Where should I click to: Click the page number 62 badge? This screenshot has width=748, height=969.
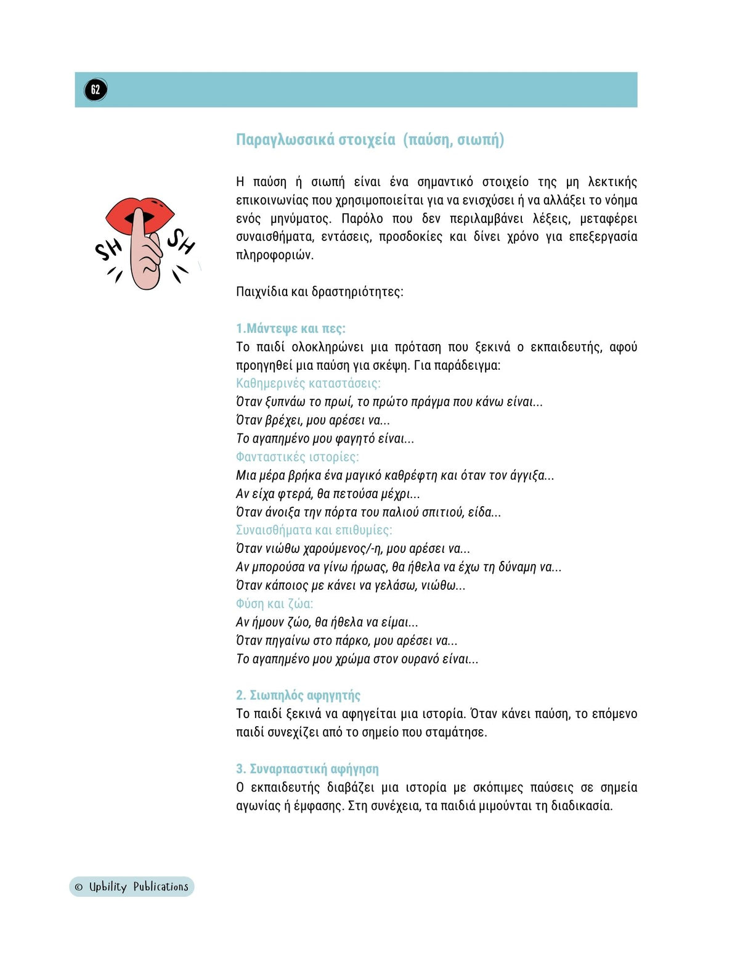coord(96,89)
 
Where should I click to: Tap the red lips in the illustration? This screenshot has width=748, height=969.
coord(160,213)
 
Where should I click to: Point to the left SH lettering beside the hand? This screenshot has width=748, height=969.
coord(108,249)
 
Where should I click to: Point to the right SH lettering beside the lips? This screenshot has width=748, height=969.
coord(181,241)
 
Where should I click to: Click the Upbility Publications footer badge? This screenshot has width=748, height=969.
coord(131,886)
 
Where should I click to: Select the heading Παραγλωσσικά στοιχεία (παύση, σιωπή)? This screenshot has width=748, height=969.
coord(370,140)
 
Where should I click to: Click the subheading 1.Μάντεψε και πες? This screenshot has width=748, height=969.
coord(290,329)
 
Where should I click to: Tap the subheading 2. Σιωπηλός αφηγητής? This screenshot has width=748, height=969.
coord(298,695)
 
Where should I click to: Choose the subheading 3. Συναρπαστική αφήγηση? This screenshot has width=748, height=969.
coord(307,769)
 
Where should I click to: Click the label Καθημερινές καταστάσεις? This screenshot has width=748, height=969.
coord(308,383)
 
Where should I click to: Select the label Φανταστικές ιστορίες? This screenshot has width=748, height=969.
coord(297,457)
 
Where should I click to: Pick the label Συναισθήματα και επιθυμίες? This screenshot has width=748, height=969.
coord(314,530)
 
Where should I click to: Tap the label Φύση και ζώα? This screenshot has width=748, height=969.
coord(274,603)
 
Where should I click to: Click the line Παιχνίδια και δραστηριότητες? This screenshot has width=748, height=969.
coord(319,292)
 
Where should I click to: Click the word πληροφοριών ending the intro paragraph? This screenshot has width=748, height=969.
coord(274,255)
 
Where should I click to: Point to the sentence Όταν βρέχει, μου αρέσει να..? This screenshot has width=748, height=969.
coord(312,420)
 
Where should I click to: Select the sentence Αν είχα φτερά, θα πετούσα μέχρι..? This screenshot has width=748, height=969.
coord(327,494)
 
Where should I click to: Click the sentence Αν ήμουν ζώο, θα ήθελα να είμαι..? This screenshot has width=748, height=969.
coord(327,622)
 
